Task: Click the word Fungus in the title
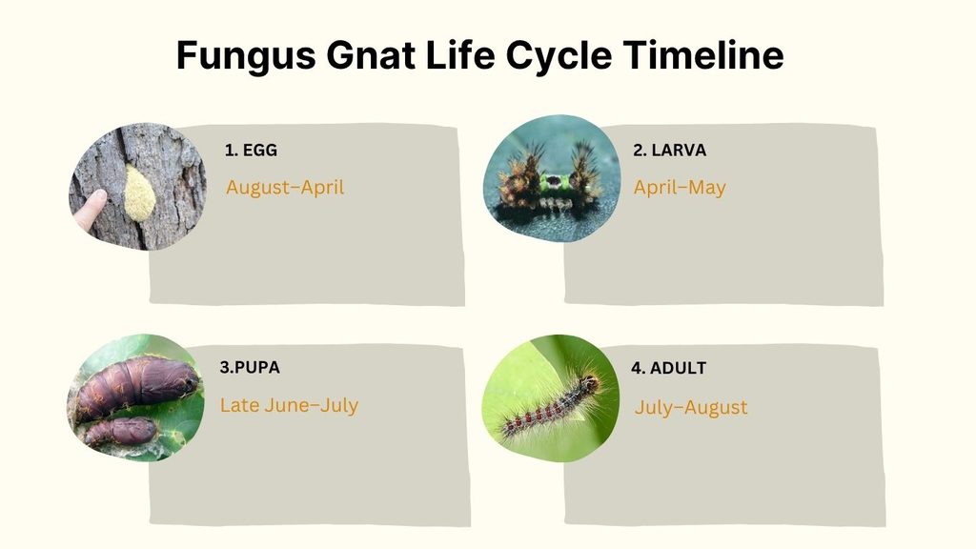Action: (x=247, y=55)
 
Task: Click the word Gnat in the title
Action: (x=371, y=54)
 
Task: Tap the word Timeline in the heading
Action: (x=703, y=54)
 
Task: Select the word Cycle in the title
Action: (x=559, y=56)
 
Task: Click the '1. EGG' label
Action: (x=251, y=150)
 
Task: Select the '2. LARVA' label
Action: (x=670, y=150)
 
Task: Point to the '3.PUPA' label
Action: (x=250, y=367)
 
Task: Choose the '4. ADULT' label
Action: (x=668, y=368)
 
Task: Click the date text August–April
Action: (x=285, y=188)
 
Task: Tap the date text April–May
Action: (x=680, y=188)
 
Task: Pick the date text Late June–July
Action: (x=289, y=405)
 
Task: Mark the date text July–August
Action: (x=691, y=408)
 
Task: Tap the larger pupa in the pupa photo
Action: (x=137, y=385)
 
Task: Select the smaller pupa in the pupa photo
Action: (x=121, y=431)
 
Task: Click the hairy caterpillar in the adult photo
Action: (x=553, y=405)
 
